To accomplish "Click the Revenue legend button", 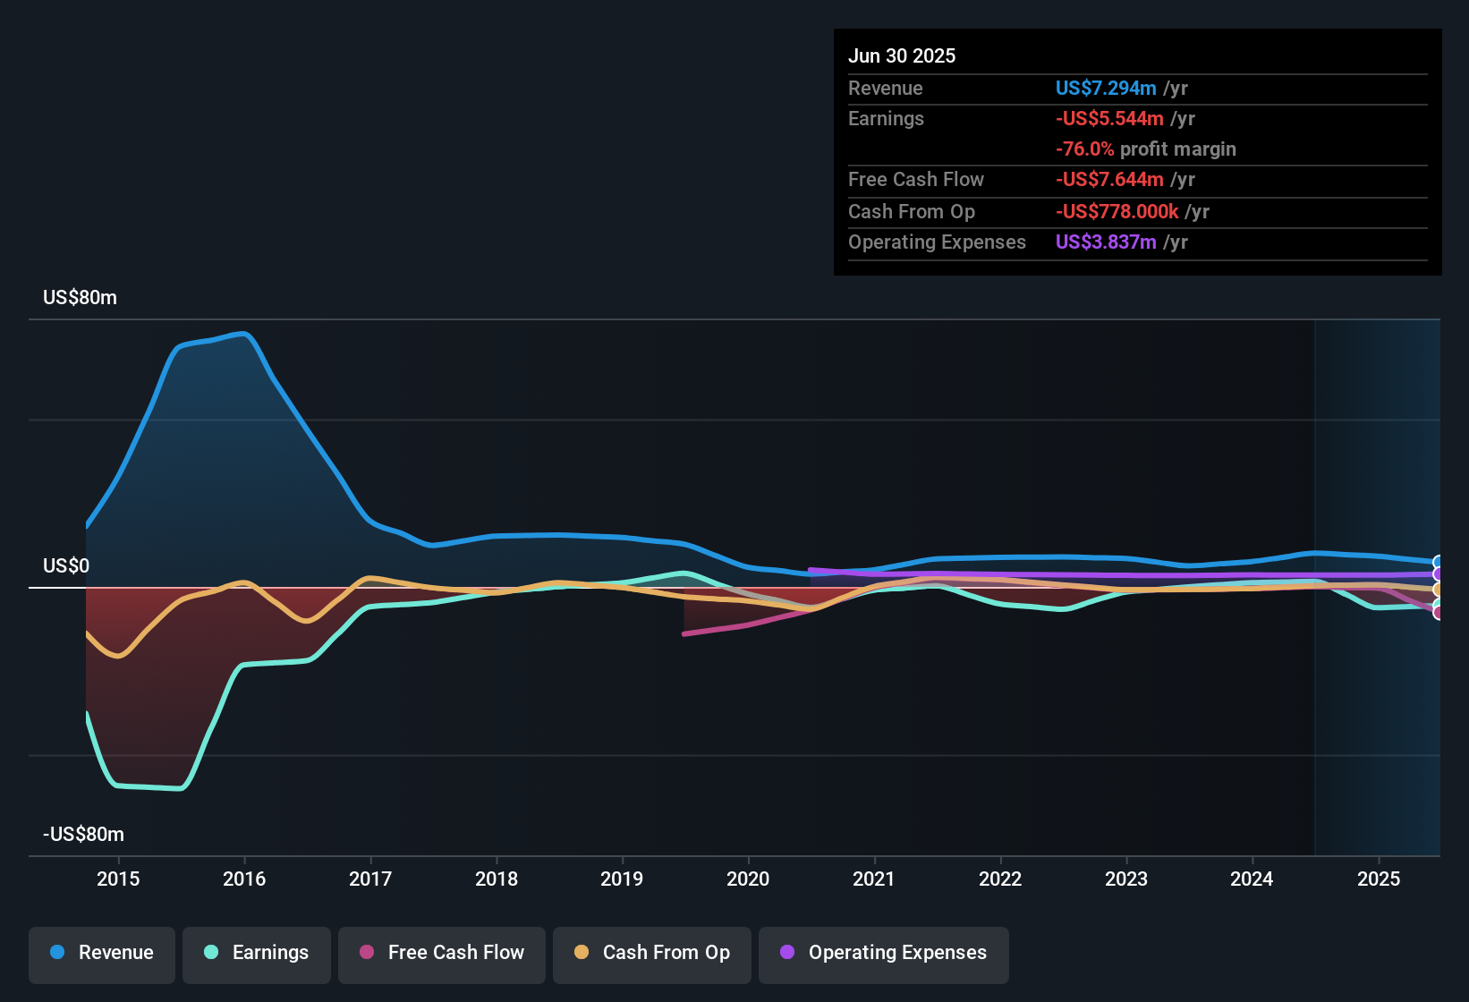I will (102, 953).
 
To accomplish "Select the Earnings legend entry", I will (257, 953).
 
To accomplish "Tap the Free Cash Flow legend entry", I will (442, 953).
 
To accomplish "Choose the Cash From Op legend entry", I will (652, 953).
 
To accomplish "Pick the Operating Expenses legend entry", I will (884, 953).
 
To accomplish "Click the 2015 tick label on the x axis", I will (118, 879).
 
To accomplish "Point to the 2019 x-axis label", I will (622, 879).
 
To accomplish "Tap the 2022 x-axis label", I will (1000, 879).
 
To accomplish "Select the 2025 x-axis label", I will (1379, 879).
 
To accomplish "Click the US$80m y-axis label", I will (80, 298).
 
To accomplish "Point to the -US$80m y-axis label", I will (83, 835).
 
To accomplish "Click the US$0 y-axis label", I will (66, 566).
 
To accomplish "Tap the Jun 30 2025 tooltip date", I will (902, 55).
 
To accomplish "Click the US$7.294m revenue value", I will (1106, 88).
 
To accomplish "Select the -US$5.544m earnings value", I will (1109, 118).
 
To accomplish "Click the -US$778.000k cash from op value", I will (1117, 211).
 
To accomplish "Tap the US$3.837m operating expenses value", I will (1106, 242).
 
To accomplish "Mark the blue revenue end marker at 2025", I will (1438, 563).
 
